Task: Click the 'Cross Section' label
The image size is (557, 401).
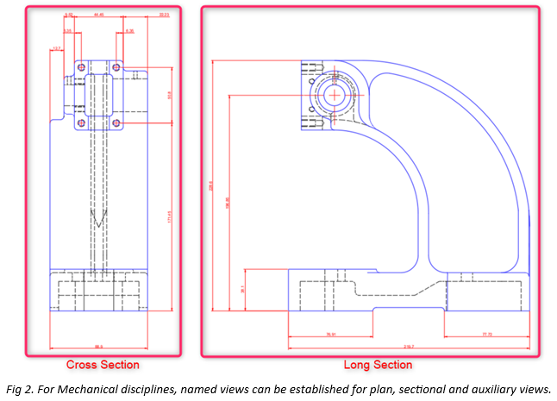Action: (x=103, y=365)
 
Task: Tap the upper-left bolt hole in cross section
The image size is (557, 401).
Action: (x=81, y=66)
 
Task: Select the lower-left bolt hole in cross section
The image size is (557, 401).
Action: (x=81, y=123)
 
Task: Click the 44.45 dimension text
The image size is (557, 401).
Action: (x=100, y=15)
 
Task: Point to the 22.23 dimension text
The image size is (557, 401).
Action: (x=164, y=15)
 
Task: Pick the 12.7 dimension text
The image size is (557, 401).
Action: (x=57, y=49)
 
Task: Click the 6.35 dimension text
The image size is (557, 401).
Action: (x=67, y=31)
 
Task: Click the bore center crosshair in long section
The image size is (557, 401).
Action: (x=333, y=94)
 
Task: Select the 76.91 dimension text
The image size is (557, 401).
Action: (x=331, y=334)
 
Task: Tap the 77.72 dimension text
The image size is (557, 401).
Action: (x=487, y=334)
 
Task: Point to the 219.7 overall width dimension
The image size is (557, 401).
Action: (x=408, y=347)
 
